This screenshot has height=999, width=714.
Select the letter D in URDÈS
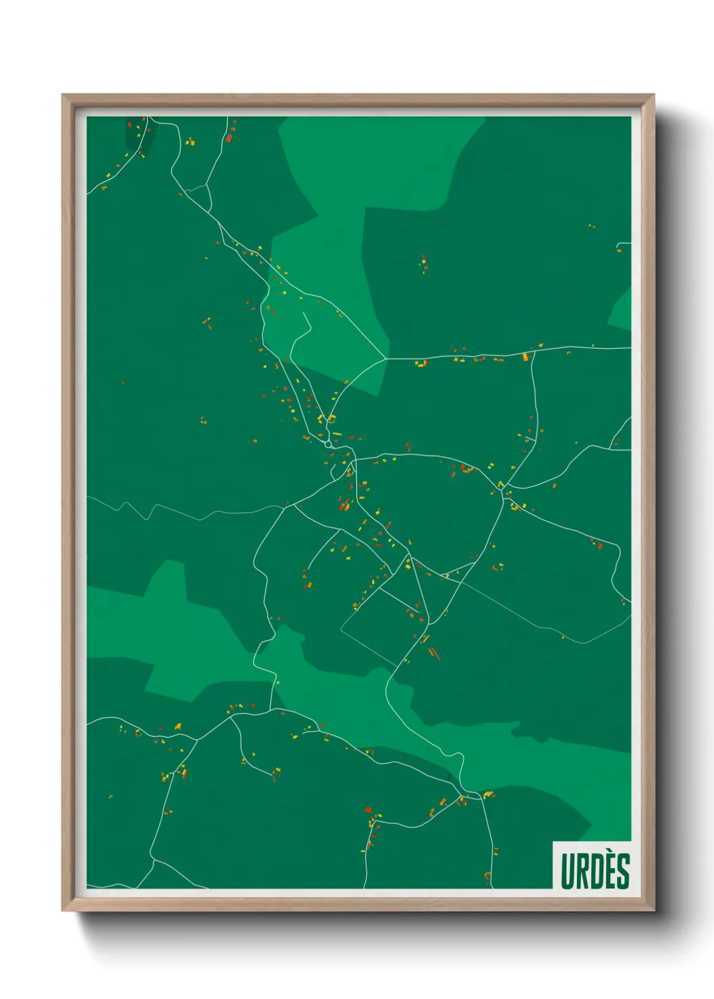(x=597, y=871)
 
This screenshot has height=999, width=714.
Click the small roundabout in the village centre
(x=328, y=444)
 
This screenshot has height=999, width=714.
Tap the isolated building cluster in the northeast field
(x=423, y=263)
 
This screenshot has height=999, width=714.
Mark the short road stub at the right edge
(x=624, y=244)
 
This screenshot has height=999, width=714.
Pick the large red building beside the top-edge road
(x=229, y=138)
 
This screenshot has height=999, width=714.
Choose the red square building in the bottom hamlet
(x=368, y=809)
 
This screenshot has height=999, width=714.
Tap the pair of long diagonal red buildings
(x=434, y=653)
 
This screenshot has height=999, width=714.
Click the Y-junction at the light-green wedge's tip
(x=386, y=358)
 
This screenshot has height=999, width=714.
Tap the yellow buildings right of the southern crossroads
(x=488, y=794)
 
